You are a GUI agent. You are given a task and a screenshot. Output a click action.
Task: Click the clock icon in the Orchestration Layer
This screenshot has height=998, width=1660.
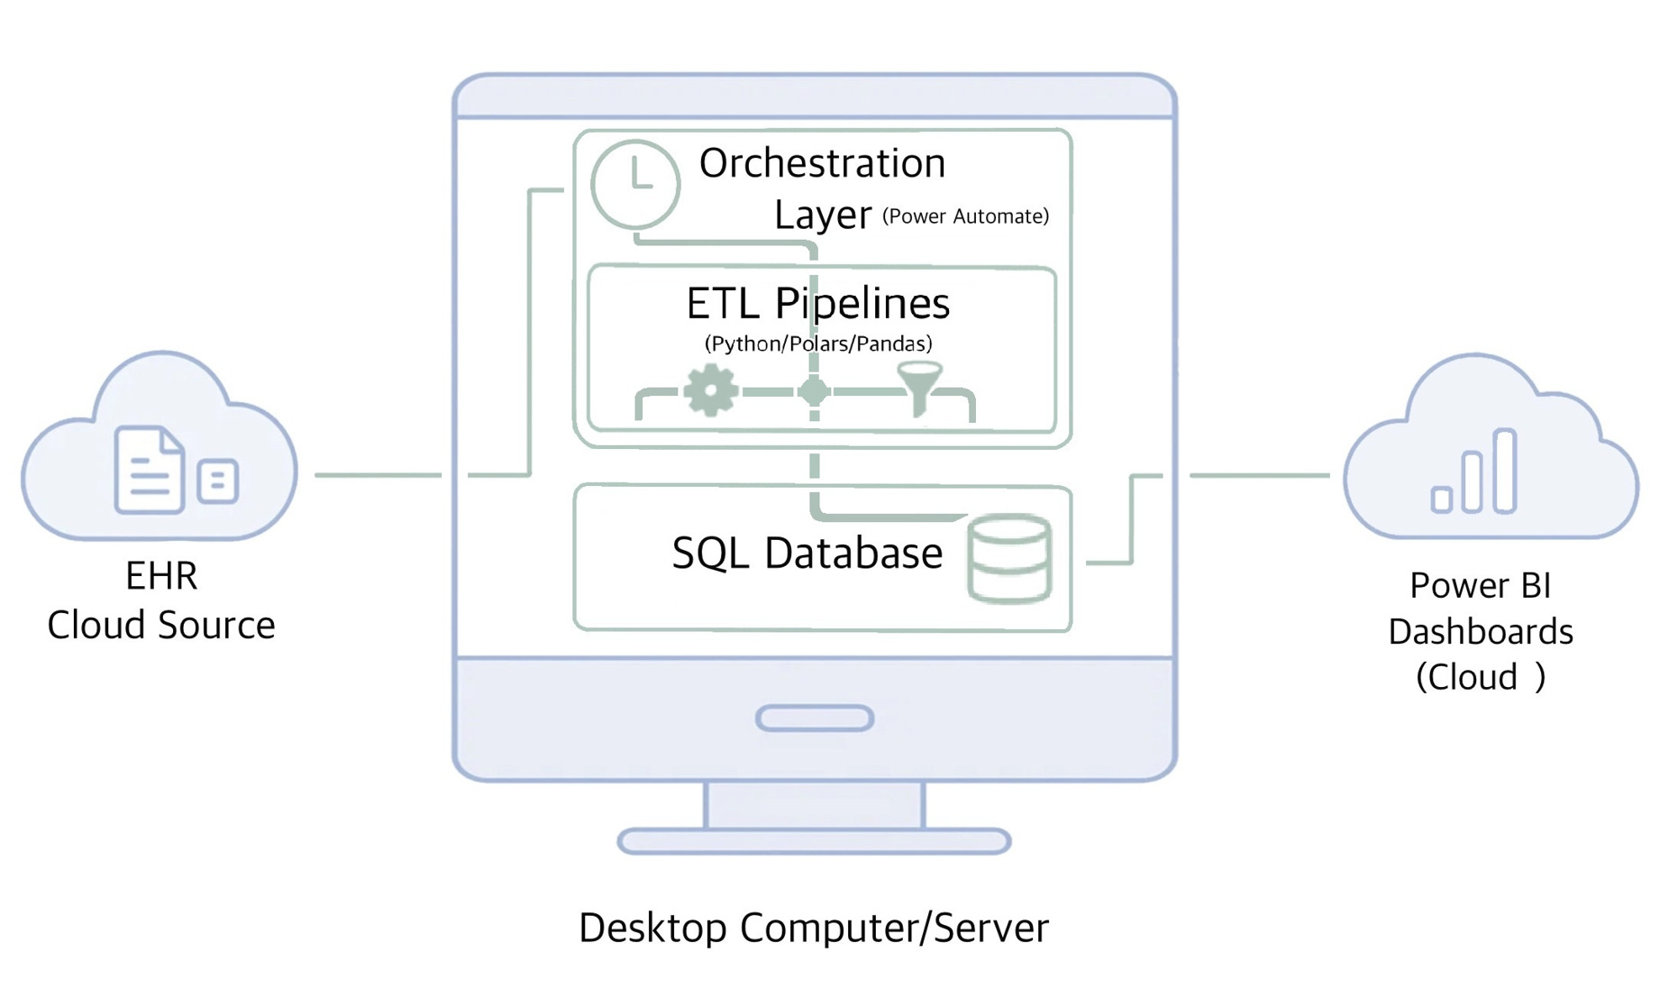coord(635,184)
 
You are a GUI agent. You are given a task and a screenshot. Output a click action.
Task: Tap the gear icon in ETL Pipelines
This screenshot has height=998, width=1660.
coord(710,390)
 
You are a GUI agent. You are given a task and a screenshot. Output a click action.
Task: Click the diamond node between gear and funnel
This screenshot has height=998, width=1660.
coord(814,391)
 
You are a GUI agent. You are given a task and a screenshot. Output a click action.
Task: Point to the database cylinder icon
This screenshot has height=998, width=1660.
coord(1009,558)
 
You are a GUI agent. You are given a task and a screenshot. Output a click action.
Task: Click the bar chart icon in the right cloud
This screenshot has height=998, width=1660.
coord(1474,473)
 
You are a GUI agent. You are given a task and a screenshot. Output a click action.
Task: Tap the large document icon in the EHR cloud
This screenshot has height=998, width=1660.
coord(149,470)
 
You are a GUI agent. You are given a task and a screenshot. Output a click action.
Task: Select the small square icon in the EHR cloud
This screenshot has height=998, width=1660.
coord(217,481)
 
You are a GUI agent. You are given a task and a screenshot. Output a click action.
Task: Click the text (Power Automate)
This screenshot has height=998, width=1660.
coord(965,216)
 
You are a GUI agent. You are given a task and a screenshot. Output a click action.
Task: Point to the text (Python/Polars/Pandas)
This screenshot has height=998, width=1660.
coord(817,343)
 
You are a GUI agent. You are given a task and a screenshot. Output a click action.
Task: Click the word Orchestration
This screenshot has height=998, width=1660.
coord(822,164)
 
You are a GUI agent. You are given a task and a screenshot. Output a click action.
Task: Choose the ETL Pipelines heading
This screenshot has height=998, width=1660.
coord(817,303)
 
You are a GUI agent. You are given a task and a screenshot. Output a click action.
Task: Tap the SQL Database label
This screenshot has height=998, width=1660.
coord(807,553)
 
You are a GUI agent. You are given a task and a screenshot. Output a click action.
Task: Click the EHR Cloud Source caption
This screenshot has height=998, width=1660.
coord(161,600)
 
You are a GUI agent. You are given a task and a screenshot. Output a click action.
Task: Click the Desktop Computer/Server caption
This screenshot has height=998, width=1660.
coord(814,928)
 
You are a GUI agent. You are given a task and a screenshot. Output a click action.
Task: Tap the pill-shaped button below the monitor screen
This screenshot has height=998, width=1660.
coord(815,719)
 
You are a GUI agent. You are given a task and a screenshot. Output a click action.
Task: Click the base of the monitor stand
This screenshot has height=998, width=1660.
coord(814,841)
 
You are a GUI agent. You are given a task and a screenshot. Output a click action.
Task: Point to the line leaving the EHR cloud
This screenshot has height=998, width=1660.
coord(378,474)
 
